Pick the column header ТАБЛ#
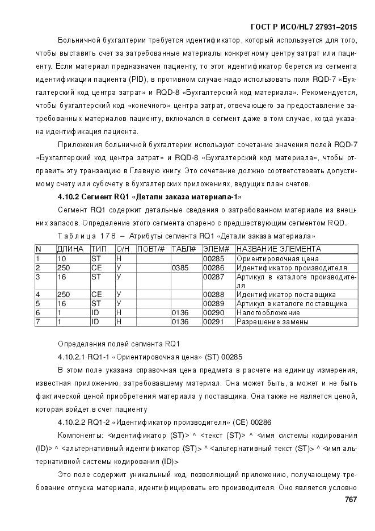(183, 249)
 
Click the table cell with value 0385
(179, 267)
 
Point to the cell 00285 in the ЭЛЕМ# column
(214, 258)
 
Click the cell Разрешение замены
(272, 321)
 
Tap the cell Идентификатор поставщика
(286, 294)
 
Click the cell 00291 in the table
(214, 321)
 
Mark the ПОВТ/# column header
(151, 249)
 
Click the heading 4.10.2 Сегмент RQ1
(150, 197)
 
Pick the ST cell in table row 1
(96, 258)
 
